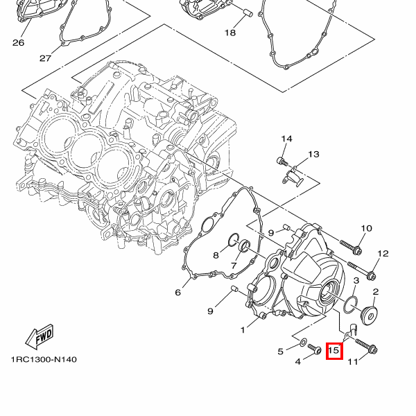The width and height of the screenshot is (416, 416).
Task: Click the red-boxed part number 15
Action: click(334, 351)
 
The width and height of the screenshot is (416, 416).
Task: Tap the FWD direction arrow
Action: click(40, 336)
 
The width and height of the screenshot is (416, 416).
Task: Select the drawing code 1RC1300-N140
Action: click(44, 360)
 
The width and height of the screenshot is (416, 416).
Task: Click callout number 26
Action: click(18, 43)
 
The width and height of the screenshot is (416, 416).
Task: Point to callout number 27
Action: click(46, 58)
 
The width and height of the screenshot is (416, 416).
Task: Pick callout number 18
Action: click(229, 33)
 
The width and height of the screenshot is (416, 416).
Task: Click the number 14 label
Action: click(286, 139)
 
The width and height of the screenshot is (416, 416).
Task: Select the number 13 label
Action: click(313, 154)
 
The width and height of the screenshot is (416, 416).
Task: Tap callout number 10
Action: click(366, 228)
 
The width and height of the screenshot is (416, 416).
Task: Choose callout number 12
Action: click(383, 253)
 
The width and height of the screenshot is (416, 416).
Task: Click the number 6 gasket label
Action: click(177, 293)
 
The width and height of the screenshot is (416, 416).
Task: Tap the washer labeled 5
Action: click(304, 343)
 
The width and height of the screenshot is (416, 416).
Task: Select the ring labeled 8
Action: click(231, 241)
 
